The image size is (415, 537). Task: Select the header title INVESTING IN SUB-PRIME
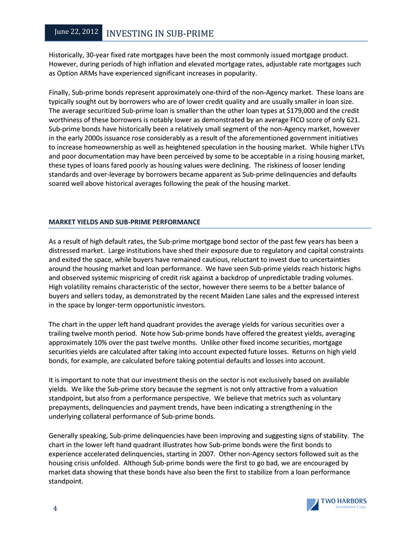click(159, 34)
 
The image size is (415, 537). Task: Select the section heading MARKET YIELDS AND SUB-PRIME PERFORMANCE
click(124, 222)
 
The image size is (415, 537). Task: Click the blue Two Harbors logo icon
click(313, 504)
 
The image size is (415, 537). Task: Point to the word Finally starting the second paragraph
click(59, 92)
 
